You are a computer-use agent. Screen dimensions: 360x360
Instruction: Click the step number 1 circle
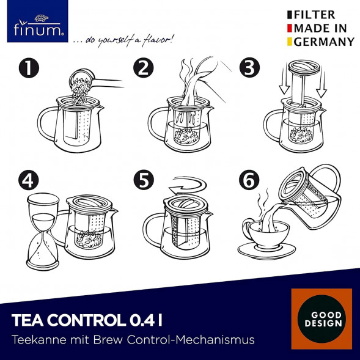(29, 67)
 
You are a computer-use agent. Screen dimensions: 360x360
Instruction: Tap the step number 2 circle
(144, 67)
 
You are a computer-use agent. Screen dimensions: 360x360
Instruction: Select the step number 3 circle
(249, 67)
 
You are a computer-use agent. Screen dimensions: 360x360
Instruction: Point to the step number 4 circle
(29, 180)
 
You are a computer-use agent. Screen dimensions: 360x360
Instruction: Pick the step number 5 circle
(144, 180)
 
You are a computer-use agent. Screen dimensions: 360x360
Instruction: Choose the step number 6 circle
(249, 180)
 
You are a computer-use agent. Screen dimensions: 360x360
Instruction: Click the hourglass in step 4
(43, 232)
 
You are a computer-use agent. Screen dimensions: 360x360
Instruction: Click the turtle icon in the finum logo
(42, 18)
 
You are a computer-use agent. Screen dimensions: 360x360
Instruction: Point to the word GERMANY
(324, 42)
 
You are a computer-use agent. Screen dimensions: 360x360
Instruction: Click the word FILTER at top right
(314, 15)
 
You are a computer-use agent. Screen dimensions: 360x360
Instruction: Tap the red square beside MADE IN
(289, 28)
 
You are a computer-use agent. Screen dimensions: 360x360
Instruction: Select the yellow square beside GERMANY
(289, 42)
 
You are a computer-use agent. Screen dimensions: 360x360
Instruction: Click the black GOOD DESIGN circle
(321, 319)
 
